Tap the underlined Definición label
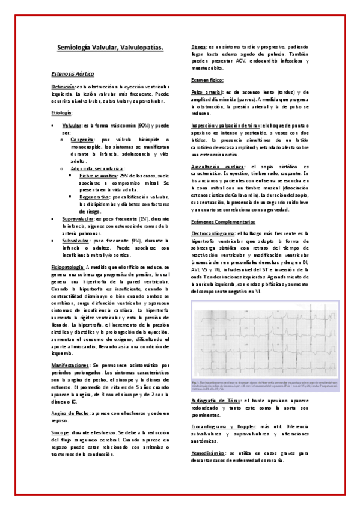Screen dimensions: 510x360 [64, 87]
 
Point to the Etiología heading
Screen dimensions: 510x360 [62, 112]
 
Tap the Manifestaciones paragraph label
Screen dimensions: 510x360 [71, 365]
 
